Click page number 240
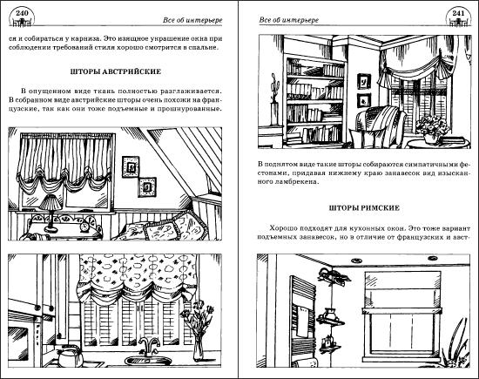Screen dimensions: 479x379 click(22, 13)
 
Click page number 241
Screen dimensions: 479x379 click(458, 13)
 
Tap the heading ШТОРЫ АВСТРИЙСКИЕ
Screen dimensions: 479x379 click(116, 71)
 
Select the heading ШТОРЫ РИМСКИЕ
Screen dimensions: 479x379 click(364, 208)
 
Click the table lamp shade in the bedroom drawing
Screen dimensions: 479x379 click(51, 203)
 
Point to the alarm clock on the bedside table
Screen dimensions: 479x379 click(85, 227)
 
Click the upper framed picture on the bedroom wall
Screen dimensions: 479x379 click(131, 167)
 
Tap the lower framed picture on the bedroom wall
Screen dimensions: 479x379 click(147, 186)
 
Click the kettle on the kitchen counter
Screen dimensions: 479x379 click(69, 356)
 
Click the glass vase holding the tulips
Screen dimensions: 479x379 click(198, 349)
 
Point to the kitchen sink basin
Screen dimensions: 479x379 click(148, 361)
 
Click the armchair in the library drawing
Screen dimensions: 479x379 click(380, 126)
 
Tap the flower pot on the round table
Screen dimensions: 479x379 click(431, 139)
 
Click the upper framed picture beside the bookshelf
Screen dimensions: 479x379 click(364, 82)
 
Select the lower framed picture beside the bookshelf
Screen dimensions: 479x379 click(364, 100)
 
